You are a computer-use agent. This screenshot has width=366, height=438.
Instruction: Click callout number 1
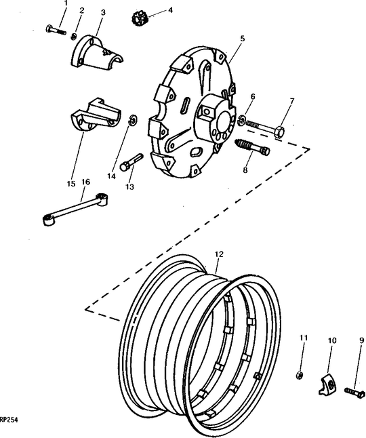coord(66,5)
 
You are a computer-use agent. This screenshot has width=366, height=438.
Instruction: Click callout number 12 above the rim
coord(218,255)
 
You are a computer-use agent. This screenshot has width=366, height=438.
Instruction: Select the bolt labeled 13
coord(130,162)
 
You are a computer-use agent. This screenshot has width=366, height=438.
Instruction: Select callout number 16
coord(85,182)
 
